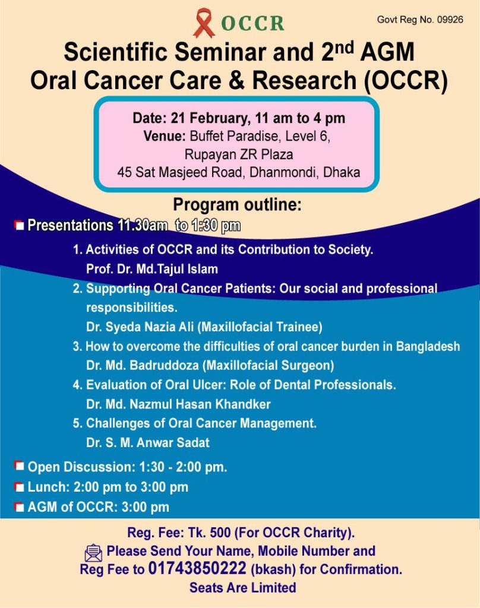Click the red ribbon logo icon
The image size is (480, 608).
pyautogui.click(x=204, y=23)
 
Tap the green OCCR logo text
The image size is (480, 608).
pyautogui.click(x=252, y=24)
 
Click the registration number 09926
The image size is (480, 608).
pyautogui.click(x=450, y=20)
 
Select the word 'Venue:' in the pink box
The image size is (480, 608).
pyautogui.click(x=165, y=136)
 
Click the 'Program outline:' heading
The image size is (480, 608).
pyautogui.click(x=237, y=204)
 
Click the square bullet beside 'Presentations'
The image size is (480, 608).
pyautogui.click(x=19, y=225)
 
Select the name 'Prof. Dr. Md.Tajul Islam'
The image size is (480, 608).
pyautogui.click(x=151, y=269)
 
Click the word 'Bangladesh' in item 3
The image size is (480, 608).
pyautogui.click(x=428, y=346)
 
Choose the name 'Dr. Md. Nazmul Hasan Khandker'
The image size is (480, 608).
pyautogui.click(x=178, y=404)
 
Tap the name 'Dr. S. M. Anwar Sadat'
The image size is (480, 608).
pyautogui.click(x=147, y=442)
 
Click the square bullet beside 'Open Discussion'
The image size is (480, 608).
pyautogui.click(x=19, y=465)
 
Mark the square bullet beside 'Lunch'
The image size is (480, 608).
pyautogui.click(x=19, y=487)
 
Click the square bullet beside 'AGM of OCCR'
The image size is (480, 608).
pyautogui.click(x=19, y=507)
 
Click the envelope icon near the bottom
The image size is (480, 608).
pyautogui.click(x=93, y=553)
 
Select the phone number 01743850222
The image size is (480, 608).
pyautogui.click(x=197, y=568)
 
